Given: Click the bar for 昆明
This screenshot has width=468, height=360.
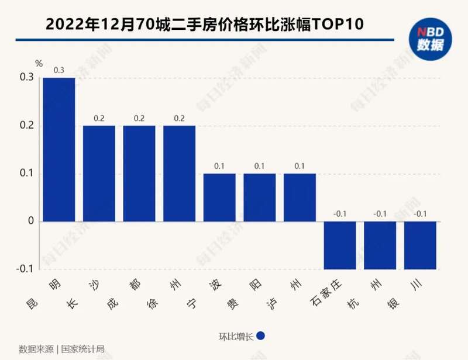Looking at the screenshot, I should (59, 150).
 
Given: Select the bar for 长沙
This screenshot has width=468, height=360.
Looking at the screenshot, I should (99, 174).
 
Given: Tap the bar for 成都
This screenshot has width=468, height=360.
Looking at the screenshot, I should (139, 174).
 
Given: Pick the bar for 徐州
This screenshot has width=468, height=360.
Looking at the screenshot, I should (180, 174).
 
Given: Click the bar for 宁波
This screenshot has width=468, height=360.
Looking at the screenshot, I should (219, 198).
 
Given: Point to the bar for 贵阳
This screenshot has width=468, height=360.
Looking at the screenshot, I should (260, 198).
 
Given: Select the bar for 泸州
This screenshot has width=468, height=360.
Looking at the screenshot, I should (300, 198).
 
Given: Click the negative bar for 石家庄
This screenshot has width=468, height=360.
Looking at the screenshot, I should (340, 245).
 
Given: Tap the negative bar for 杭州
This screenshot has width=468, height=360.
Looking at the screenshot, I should (380, 245).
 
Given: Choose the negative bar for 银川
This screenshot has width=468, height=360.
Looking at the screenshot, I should (420, 245).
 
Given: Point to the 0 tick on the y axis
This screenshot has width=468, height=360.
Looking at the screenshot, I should (30, 222).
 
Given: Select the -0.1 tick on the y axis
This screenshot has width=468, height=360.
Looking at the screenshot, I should (25, 270).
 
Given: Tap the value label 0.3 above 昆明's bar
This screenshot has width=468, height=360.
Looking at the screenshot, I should (59, 70).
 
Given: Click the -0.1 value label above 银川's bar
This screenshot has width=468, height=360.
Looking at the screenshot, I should (420, 214).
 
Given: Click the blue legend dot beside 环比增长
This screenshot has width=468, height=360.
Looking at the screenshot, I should (261, 336).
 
